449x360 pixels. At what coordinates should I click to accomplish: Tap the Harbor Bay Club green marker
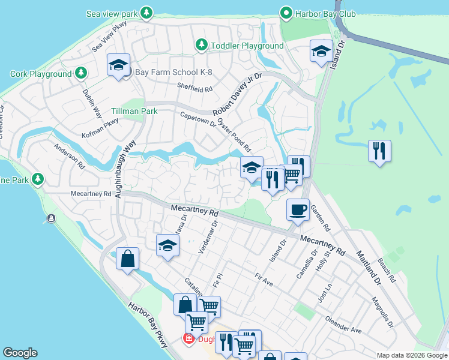point(287,13)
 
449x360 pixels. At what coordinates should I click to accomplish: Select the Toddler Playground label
point(247,46)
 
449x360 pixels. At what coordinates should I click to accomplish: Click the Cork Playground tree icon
point(80,74)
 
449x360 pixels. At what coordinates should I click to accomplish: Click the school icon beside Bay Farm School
point(118,65)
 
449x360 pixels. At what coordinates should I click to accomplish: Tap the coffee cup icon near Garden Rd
point(298,209)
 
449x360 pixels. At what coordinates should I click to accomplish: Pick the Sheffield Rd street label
point(195,88)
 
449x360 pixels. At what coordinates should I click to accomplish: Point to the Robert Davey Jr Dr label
point(238,95)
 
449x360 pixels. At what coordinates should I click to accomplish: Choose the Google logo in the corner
point(20,353)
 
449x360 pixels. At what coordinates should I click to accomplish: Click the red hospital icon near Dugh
point(188,339)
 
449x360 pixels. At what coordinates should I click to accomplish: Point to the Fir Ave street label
point(264,279)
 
